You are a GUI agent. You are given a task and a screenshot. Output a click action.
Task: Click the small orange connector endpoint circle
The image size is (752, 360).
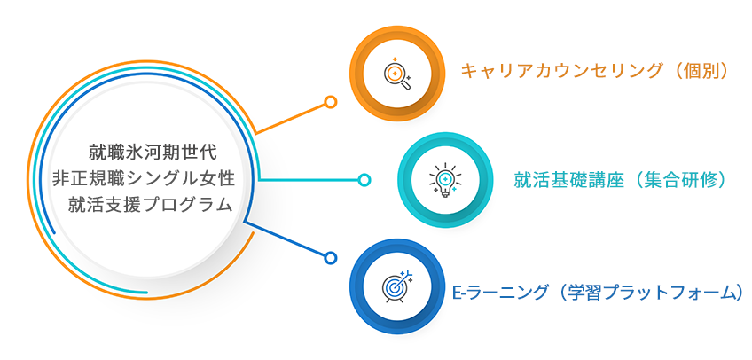tap(330, 102)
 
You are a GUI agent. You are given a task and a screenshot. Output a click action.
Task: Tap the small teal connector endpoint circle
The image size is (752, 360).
tap(364, 180)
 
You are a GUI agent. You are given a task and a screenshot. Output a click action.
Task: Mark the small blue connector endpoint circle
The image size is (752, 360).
tap(330, 258)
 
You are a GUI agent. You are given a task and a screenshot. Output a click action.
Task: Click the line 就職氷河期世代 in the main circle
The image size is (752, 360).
tap(153, 152)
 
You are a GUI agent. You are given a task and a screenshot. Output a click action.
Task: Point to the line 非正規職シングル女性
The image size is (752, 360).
tap(144, 178)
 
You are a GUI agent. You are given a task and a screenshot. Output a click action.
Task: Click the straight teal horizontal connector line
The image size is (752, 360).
tap(309, 180)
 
